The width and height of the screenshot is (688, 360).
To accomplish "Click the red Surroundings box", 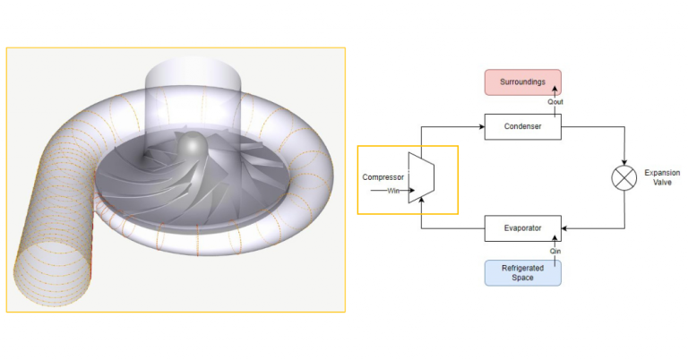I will coord(522,82).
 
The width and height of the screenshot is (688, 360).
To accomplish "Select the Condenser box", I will coord(522,127).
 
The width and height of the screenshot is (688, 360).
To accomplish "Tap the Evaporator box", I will coord(522,228).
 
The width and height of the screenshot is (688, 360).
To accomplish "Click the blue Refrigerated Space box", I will coord(522,272).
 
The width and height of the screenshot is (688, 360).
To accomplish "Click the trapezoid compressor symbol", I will coord(420,177).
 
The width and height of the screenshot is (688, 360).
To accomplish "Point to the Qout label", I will coord(555,103).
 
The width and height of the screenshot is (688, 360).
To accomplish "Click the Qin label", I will coord(555,252).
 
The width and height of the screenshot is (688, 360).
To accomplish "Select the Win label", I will coord(391,190).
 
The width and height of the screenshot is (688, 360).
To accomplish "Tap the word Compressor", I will coord(383,177).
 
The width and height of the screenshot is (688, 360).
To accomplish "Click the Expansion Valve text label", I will coord(662,177).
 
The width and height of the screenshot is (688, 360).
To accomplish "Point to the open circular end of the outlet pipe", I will coord(52,278).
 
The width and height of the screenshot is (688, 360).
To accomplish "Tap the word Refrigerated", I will coord(522,268).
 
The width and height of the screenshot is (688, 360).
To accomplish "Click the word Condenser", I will coord(522,127).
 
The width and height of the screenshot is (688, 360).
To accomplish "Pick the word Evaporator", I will coord(522,228).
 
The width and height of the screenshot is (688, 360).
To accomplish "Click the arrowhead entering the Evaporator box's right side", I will coord(564,228).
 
